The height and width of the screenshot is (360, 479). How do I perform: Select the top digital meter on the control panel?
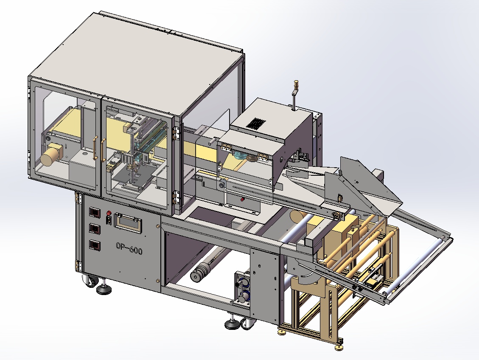pyautogui.click(x=94, y=213)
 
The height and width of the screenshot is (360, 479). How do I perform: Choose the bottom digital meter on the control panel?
pyautogui.click(x=94, y=245)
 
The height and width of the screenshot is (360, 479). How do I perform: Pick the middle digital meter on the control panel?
pyautogui.click(x=94, y=228)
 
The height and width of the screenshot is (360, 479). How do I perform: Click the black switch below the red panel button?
pyautogui.click(x=108, y=220)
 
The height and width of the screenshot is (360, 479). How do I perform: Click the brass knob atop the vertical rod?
pyautogui.click(x=296, y=84)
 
